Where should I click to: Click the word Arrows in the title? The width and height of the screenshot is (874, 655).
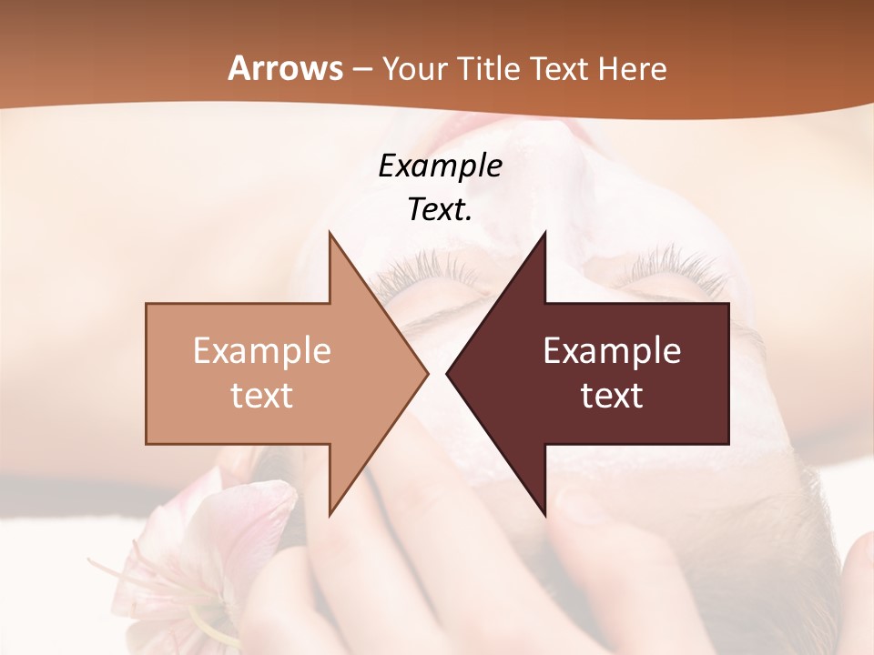point(285,68)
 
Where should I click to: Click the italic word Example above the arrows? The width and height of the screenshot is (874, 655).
point(440,166)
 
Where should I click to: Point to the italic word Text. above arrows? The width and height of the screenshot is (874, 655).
point(440,210)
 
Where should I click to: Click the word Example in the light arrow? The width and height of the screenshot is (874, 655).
point(262,351)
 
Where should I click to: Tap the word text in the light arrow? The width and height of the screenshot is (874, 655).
point(262,396)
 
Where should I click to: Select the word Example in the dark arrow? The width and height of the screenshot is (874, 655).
point(612,351)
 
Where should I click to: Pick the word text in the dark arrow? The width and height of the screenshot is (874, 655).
point(612,396)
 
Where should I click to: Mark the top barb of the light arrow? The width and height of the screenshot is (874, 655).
point(331,238)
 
